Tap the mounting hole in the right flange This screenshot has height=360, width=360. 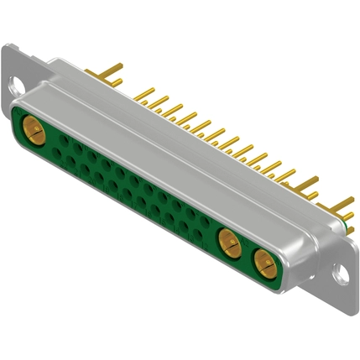(339, 273)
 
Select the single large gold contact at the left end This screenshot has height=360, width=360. (35, 129)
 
